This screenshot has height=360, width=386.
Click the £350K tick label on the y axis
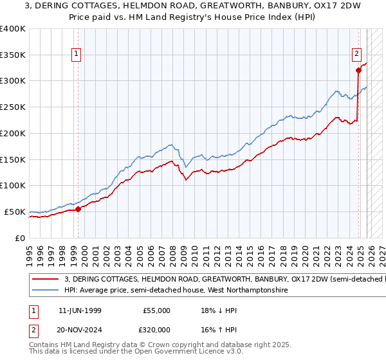coord(13,55)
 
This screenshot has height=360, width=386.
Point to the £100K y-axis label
coord(13,185)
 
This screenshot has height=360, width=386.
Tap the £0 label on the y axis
coord(20,238)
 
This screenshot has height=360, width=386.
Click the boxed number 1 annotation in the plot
coord(77,55)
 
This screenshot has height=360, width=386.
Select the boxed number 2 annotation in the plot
coord(356,55)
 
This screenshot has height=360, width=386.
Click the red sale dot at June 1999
coord(78,209)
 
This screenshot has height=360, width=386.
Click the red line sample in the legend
coord(45,280)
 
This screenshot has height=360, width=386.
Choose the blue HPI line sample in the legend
coord(45,291)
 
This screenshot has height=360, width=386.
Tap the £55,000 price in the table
coord(156,310)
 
